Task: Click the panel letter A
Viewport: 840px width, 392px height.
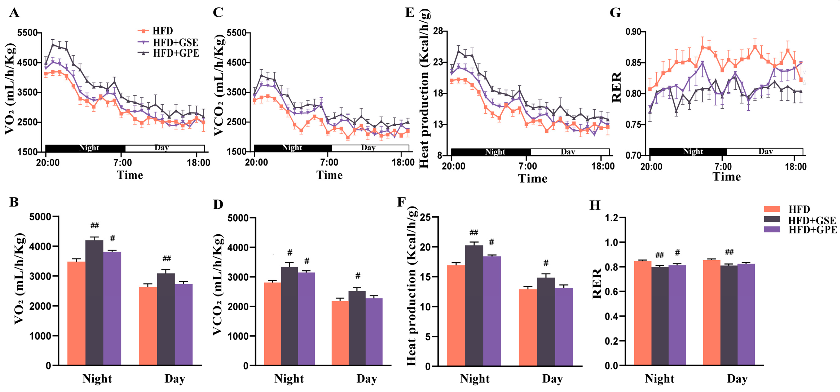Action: [14, 13]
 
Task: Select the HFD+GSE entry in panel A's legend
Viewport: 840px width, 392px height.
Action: [175, 43]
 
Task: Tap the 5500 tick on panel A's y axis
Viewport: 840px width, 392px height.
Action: [27, 33]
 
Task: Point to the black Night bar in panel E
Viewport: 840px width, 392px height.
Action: [491, 152]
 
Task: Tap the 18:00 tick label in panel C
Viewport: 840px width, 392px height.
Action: [403, 163]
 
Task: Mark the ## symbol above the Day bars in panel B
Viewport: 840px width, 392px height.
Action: [166, 259]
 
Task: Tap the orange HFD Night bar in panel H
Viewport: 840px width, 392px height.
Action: [642, 313]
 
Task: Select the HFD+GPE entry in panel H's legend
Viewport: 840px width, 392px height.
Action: [812, 230]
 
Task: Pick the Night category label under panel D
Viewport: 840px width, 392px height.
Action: [289, 379]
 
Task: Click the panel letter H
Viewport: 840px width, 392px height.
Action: [595, 205]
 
